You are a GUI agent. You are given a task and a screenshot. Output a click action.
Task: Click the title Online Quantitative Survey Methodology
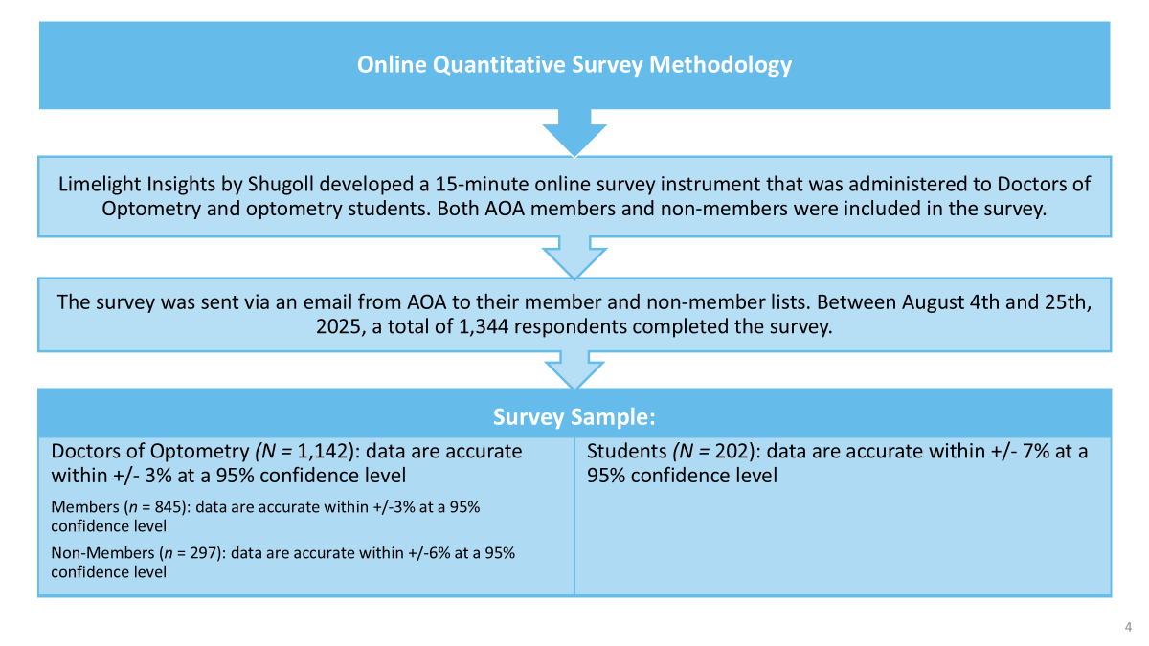tap(574, 65)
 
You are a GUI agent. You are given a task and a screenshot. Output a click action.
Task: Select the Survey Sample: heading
tap(574, 417)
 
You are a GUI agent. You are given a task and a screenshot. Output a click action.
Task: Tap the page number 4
tap(1128, 627)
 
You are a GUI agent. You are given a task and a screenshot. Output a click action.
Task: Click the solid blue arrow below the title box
tap(574, 132)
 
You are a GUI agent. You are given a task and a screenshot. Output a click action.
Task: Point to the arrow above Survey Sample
tap(574, 370)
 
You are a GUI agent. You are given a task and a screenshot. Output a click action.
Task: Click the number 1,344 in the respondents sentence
tap(484, 326)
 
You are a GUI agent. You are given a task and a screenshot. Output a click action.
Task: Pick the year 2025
tap(338, 327)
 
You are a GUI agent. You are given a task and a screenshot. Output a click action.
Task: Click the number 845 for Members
tap(169, 507)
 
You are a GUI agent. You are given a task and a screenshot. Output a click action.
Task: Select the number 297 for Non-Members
tap(204, 553)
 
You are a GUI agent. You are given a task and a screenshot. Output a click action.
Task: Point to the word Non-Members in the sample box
tap(102, 553)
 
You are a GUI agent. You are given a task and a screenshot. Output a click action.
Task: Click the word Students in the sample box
tap(627, 452)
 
